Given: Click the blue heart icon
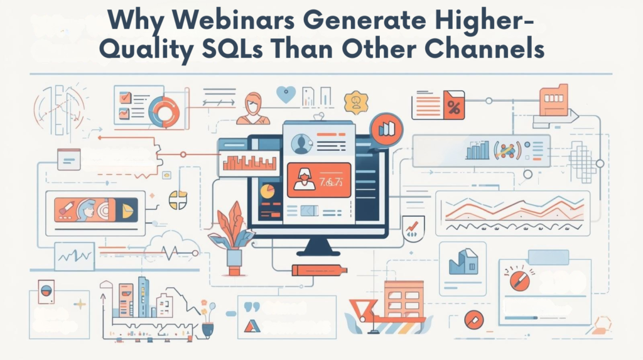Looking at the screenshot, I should (x=286, y=95).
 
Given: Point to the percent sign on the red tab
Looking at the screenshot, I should (x=453, y=107).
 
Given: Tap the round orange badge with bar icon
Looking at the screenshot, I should (x=386, y=129).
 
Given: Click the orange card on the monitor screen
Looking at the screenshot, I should (x=318, y=178).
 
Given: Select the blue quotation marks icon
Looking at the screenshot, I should (x=252, y=307).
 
